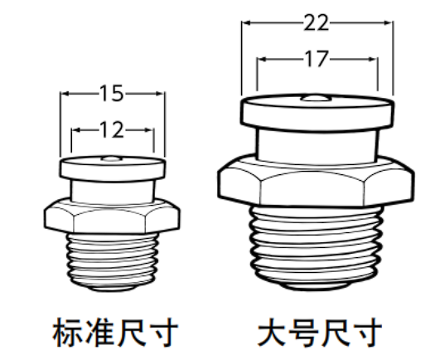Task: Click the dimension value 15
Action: point(112,93)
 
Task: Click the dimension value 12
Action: point(112,130)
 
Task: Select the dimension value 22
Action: point(317,22)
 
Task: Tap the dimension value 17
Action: point(317,59)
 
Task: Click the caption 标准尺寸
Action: point(115,332)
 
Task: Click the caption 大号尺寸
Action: point(320,332)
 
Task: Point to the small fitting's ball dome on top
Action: point(112,158)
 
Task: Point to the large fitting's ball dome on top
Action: point(316,98)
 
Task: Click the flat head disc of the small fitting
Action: point(113,168)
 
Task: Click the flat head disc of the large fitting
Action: point(317,113)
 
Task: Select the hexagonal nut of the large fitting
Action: point(316,181)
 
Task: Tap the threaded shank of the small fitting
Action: point(112,261)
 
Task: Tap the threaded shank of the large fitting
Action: point(316,246)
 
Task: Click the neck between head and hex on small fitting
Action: point(113,192)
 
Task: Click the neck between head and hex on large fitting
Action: point(317,147)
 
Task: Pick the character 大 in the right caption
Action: point(272,332)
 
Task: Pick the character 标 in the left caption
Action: point(68,332)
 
